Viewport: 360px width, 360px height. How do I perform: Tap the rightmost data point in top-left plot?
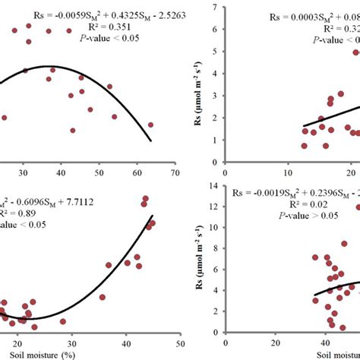(x=150, y=125)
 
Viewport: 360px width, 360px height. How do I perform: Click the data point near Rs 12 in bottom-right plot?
(x=358, y=207)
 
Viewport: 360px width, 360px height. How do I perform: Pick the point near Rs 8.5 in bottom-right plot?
(x=344, y=245)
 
